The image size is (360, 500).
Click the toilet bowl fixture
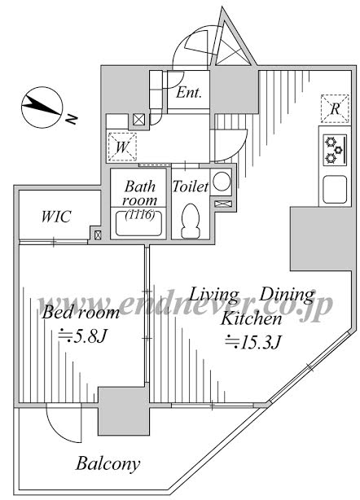coord(191,221)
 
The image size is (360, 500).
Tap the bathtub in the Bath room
coord(138,223)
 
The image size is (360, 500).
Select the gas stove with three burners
coord(335,150)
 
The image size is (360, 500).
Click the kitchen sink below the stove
coord(335,190)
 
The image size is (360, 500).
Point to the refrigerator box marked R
coord(335,109)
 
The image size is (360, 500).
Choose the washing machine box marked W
coord(122,147)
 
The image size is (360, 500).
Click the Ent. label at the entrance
coord(189,93)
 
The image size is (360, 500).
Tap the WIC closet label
coord(56,217)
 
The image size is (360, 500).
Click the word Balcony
coord(108,463)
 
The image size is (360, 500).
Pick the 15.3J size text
coord(252,342)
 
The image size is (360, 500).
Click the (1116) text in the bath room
coord(139,215)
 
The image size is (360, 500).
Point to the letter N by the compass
coord(72,119)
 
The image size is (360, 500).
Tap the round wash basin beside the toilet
coord(222,182)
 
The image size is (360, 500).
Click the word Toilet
coord(191,186)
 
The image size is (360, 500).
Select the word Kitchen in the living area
coord(252,318)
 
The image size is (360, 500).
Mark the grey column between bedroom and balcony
coord(124,411)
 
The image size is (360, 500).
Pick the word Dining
coord(287,295)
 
